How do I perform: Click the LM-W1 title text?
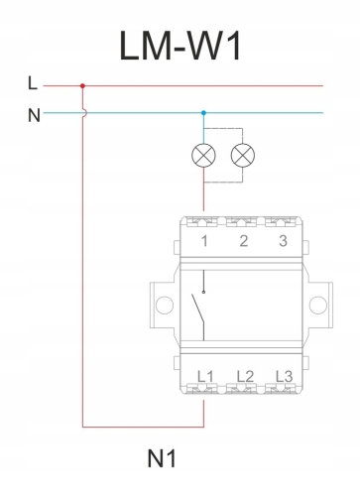point(180,46)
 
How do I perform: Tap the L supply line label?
point(33,83)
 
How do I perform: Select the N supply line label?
point(34,115)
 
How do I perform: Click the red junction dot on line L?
point(82,86)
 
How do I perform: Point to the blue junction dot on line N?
point(203,113)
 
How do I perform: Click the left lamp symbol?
point(203,155)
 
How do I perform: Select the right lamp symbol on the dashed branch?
point(243,155)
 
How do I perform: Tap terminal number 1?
point(204,241)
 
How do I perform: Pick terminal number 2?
point(244,241)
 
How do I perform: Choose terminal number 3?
point(283,241)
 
